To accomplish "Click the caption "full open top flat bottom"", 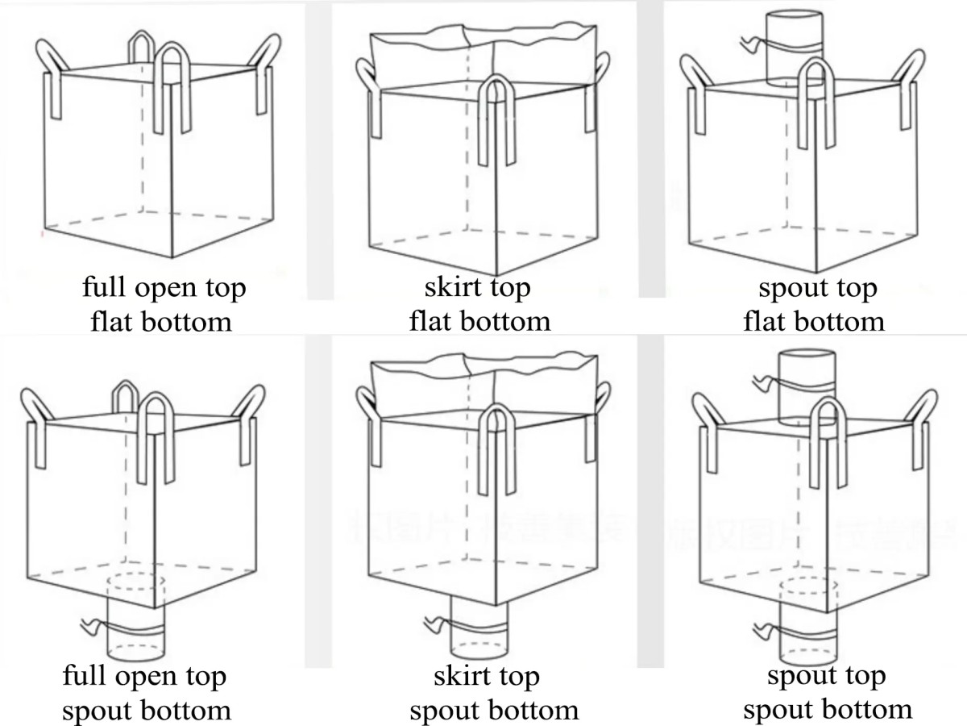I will pyautogui.click(x=163, y=305).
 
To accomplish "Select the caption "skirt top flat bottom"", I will pyautogui.click(x=479, y=305).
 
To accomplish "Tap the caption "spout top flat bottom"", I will pyautogui.click(x=814, y=305).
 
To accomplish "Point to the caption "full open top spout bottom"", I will pyautogui.click(x=145, y=693).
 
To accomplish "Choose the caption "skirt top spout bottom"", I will pyautogui.click(x=491, y=693).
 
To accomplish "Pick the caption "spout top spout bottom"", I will pyautogui.click(x=827, y=693).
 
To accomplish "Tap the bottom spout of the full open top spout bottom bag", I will pyautogui.click(x=135, y=633).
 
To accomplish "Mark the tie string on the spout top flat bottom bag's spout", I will pyautogui.click(x=753, y=44).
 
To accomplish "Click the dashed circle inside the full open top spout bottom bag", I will pyautogui.click(x=135, y=582).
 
